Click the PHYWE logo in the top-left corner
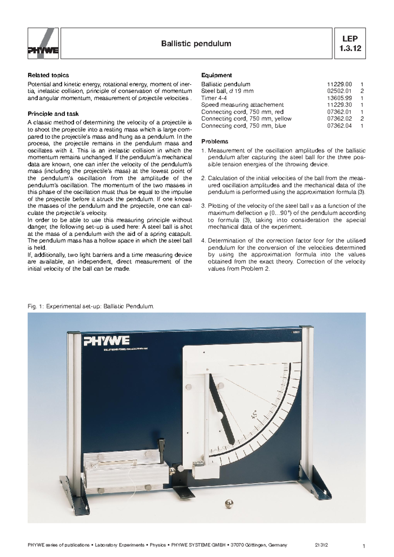tap(43, 43)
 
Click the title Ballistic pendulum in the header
tap(196, 44)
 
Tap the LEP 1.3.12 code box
tap(350, 43)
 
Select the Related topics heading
tap(48, 75)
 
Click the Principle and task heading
tap(53, 114)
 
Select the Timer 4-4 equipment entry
tap(214, 98)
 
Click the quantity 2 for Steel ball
tap(361, 91)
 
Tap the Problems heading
tap(214, 141)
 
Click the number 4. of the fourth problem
tap(203, 240)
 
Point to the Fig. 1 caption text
tap(91, 306)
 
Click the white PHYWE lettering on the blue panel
tap(107, 341)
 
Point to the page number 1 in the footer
tap(364, 546)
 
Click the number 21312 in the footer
tap(321, 545)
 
